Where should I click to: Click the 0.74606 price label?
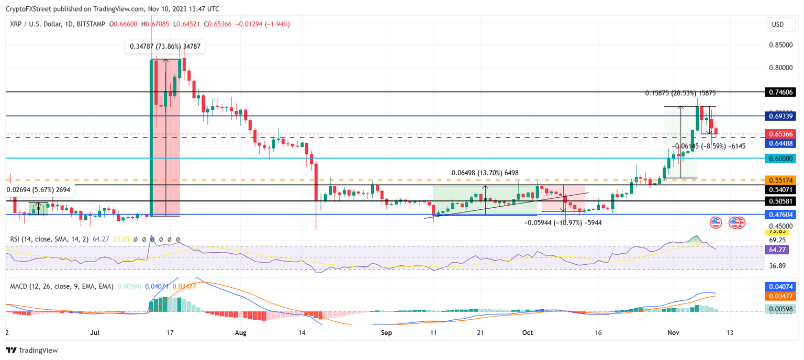(x=779, y=92)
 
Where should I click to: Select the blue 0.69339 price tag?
(x=779, y=116)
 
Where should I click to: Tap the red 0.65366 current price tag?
(x=779, y=134)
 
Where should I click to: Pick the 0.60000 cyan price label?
(x=779, y=158)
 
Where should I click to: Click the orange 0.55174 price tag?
(x=779, y=179)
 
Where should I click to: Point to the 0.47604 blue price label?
(x=779, y=215)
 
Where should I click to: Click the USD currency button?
(x=778, y=25)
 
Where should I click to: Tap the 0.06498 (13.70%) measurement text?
(x=485, y=173)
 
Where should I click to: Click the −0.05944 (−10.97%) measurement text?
(x=563, y=222)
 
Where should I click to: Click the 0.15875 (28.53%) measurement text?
(x=679, y=93)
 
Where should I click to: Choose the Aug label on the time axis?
(x=240, y=332)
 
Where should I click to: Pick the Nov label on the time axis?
(x=676, y=332)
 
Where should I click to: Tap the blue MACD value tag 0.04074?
(x=779, y=287)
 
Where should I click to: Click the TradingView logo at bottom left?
(x=32, y=350)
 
